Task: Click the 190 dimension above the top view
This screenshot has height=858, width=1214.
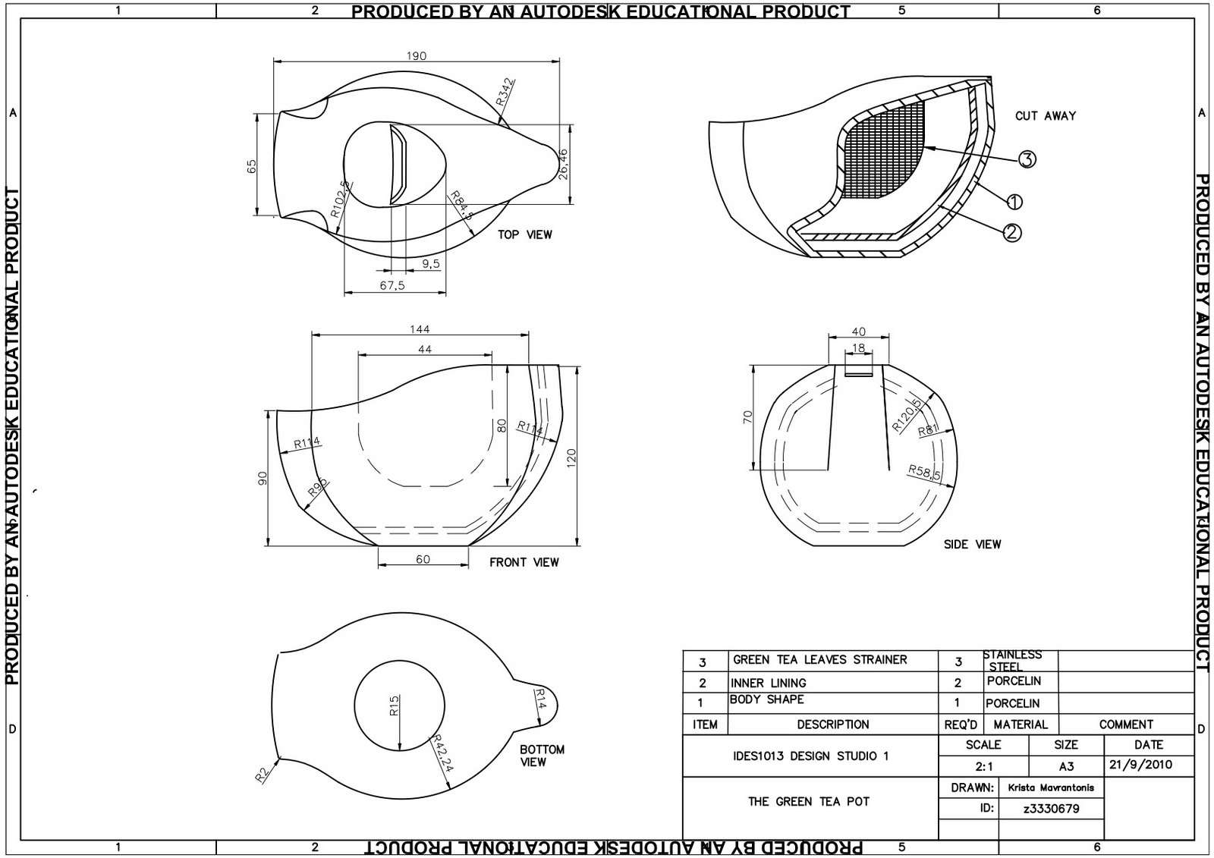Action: [417, 55]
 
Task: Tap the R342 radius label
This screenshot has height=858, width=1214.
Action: [505, 92]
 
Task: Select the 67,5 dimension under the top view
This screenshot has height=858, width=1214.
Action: [392, 285]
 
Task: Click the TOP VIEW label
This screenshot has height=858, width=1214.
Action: [525, 234]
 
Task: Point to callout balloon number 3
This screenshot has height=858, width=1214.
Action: [1027, 159]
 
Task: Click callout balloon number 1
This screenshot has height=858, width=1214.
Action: [1014, 202]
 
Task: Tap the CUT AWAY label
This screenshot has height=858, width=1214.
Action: [1046, 116]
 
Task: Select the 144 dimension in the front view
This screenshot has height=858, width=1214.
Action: [420, 328]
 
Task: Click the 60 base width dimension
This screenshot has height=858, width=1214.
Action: [423, 559]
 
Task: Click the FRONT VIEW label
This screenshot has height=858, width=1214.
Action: [524, 562]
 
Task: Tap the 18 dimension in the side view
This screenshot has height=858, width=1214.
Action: [858, 348]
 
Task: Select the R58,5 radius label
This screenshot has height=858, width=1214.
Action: [925, 473]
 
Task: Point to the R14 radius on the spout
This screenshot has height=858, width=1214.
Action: [540, 699]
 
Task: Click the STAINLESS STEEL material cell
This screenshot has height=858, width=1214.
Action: [1012, 660]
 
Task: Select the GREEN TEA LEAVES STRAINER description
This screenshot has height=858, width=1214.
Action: [819, 659]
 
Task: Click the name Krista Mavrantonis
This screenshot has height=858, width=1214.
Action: [1051, 787]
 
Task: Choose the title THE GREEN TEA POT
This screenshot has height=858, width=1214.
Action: [809, 801]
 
